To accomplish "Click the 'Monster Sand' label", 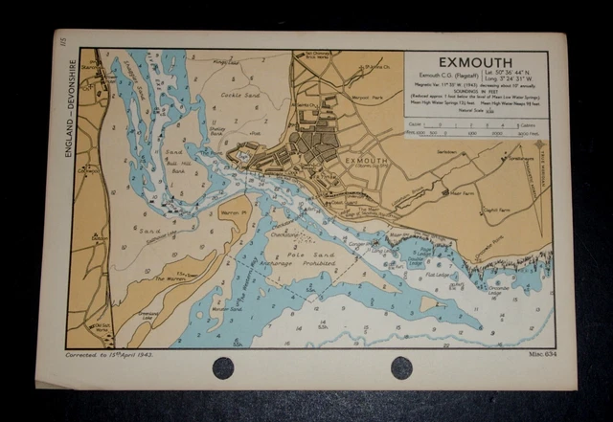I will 226,308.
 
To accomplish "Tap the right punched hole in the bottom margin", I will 401,367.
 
